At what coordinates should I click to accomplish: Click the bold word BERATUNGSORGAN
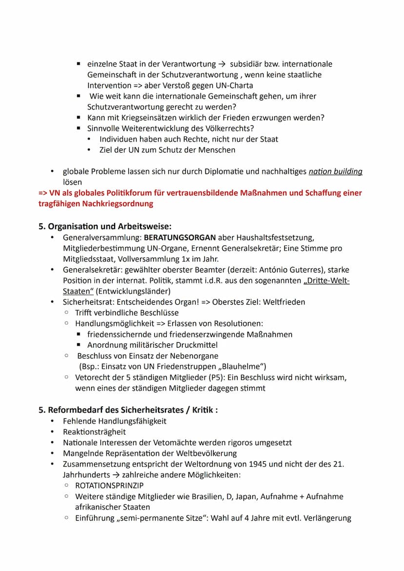180,237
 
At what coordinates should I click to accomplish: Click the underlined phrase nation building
336,171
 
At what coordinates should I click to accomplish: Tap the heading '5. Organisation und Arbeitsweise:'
105,226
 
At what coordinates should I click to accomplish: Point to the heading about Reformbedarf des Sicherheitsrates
128,410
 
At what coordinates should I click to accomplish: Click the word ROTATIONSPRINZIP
109,486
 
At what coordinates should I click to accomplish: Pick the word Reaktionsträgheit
94,432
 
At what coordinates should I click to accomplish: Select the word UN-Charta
232,85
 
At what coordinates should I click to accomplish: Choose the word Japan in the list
246,496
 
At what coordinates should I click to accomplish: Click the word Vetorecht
92,377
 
